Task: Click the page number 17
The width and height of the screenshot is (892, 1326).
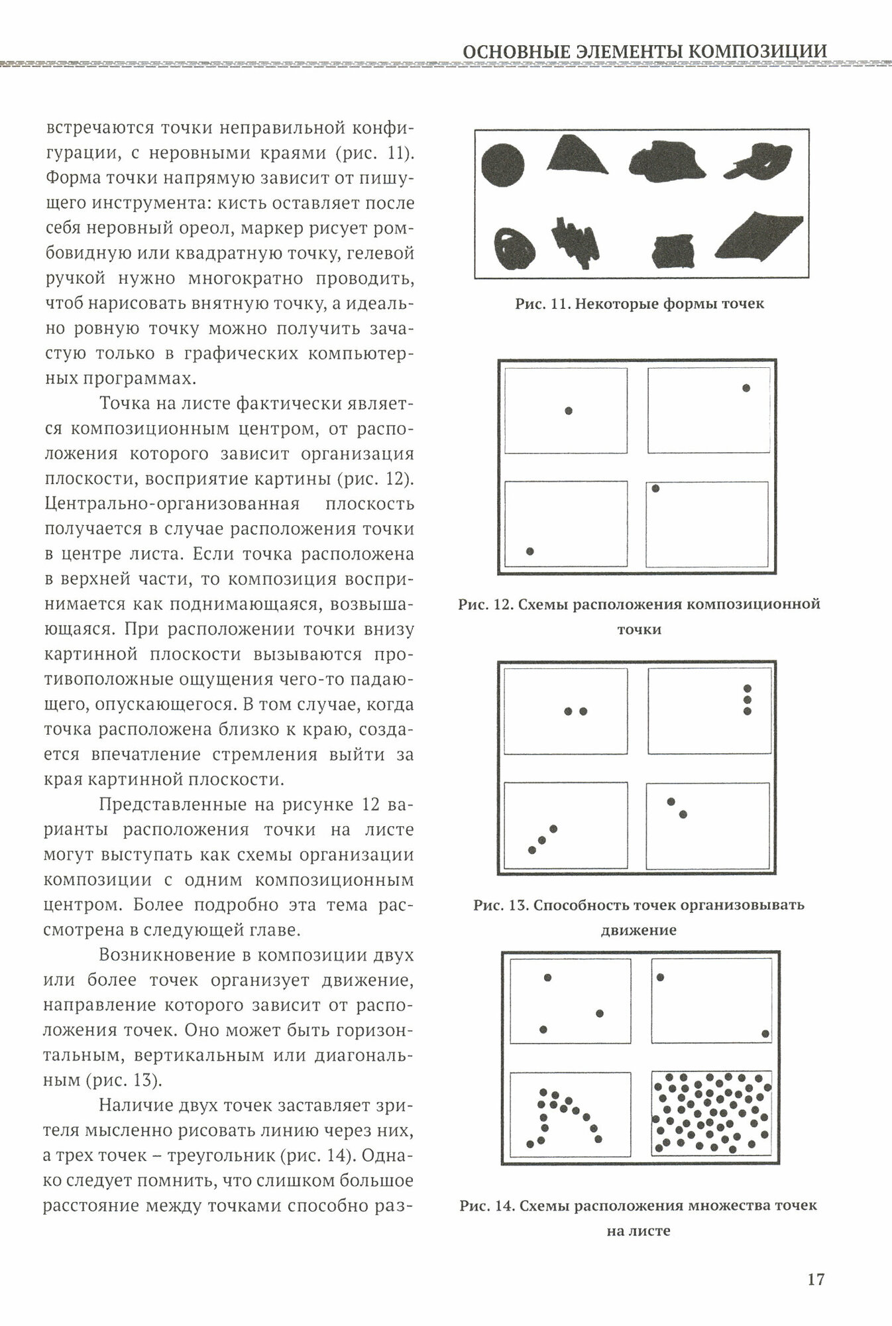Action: click(x=816, y=1279)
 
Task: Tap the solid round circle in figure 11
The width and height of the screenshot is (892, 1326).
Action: click(x=502, y=163)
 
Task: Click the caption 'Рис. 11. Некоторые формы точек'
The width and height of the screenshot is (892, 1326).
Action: click(x=640, y=304)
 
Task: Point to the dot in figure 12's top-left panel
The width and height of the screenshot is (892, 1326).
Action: click(x=569, y=411)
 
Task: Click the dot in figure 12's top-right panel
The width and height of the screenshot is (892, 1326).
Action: click(x=746, y=388)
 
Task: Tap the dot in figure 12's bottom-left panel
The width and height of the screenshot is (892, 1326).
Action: click(x=530, y=551)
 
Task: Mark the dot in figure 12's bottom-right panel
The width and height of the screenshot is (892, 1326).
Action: click(x=655, y=489)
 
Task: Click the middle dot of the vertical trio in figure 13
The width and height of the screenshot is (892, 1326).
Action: click(x=748, y=699)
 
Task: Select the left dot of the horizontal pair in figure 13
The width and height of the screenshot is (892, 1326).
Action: click(x=568, y=711)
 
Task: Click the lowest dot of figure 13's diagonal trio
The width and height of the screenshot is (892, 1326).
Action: click(x=532, y=850)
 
